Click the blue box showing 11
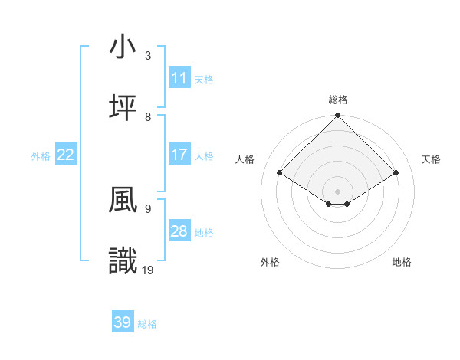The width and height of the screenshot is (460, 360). coord(179,78)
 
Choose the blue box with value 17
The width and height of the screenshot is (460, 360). coord(179,155)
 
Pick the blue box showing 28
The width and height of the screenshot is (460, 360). coord(179,231)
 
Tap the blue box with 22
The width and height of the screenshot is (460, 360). coord(66,155)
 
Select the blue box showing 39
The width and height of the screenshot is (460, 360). coord(123,322)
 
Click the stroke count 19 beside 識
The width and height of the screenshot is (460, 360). coord(148,270)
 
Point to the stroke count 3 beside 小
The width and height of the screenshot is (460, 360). coord(148,55)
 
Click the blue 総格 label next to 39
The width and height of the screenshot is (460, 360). coord(147,324)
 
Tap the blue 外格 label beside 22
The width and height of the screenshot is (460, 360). coord(41,156)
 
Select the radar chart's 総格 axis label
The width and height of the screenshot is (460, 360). coord(338,100)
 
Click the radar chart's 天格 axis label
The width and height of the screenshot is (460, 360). coord(431,159)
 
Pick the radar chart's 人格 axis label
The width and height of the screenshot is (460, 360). coord(245,159)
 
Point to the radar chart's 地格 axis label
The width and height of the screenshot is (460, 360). coord(402,262)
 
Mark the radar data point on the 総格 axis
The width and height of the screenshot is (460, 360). coord(338,116)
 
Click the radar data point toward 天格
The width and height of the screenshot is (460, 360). coord(396,173)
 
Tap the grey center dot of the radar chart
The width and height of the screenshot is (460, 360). coord(338,191)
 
